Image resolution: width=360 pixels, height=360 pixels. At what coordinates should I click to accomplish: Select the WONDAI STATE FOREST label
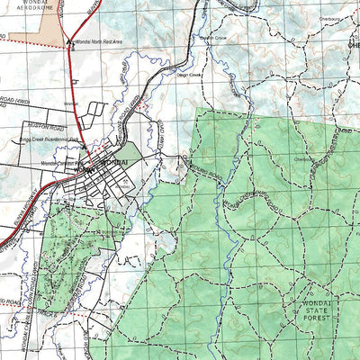[x=317, y=311]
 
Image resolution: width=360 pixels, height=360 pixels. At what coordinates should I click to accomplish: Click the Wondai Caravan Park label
[x=58, y=164]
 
